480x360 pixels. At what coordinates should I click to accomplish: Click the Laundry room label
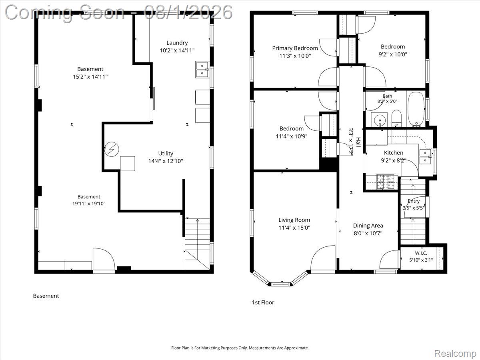[177, 43]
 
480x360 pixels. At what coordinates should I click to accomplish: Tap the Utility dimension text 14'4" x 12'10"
[166, 161]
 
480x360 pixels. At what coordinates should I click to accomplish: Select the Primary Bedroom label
[295, 48]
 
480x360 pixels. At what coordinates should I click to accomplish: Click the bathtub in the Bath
[416, 109]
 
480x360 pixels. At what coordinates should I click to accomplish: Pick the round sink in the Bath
[379, 120]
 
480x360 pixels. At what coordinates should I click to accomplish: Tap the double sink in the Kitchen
[425, 157]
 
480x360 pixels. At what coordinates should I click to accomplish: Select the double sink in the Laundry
[202, 70]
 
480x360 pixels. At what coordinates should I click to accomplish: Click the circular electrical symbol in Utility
[112, 150]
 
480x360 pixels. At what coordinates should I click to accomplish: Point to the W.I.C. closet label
[421, 253]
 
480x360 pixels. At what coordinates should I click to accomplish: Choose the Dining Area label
[368, 226]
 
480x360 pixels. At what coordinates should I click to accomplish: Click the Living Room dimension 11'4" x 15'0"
[294, 228]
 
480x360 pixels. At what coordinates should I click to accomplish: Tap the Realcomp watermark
[455, 353]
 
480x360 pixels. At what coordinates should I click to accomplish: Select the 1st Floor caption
[263, 302]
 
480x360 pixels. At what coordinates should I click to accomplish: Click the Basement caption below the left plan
[46, 296]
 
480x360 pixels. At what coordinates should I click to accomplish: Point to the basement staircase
[198, 244]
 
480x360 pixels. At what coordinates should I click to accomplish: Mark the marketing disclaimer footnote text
[240, 348]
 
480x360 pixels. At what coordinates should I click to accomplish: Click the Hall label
[358, 142]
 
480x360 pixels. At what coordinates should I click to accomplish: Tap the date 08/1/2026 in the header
[188, 12]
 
